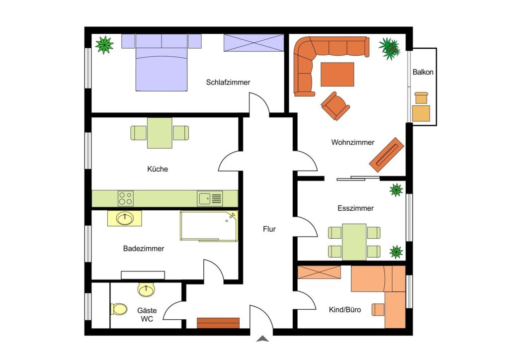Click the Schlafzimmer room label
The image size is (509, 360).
[228, 83]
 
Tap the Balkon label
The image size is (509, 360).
[423, 72]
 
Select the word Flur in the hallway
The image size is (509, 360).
[269, 229]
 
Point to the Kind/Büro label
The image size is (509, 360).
[345, 310]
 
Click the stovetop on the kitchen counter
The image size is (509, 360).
[126, 198]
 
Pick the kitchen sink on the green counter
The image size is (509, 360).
[210, 199]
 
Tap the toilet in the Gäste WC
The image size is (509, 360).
[119, 309]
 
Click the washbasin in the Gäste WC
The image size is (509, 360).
[147, 289]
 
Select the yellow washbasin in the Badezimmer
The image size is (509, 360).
[125, 218]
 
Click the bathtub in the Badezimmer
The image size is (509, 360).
[209, 226]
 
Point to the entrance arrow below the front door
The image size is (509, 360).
[262, 339]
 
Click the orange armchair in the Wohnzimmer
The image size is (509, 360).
[336, 106]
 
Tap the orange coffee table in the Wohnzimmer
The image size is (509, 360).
[338, 75]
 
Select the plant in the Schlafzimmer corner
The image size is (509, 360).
[104, 45]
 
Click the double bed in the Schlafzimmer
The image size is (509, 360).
[162, 62]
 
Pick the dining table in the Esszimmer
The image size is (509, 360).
[354, 242]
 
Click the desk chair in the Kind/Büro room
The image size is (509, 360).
[378, 309]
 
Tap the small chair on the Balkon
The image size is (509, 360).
[422, 98]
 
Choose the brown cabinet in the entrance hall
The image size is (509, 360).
[218, 323]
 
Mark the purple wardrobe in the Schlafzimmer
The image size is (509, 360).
[254, 43]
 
